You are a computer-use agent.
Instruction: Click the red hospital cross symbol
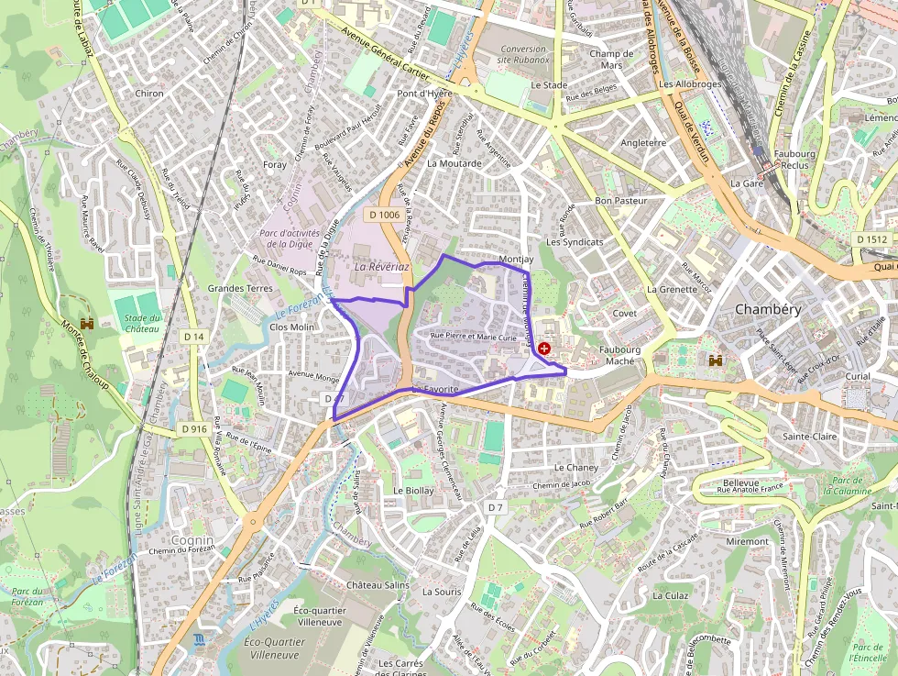coord(546,349)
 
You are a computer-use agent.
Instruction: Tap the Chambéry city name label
coord(768,309)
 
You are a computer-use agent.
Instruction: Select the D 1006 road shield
coord(385,215)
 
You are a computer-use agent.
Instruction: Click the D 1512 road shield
coord(872,239)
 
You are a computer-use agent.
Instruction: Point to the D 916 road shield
coord(193,428)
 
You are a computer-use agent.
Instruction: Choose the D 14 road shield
coord(193,337)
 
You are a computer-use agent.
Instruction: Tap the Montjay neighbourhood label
coord(517,260)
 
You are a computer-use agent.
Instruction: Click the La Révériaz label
coord(381,265)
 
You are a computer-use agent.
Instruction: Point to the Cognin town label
coord(192,539)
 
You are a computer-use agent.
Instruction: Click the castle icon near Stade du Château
coord(89,325)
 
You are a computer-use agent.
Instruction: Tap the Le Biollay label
coord(412,491)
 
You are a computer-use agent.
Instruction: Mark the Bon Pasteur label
coord(621,200)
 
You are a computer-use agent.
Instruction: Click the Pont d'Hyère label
coord(425,94)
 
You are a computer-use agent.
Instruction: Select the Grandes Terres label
coord(240,288)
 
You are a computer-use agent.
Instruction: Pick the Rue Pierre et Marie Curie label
coord(480,337)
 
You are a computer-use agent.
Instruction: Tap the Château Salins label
coord(378,584)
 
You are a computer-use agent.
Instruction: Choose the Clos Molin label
coord(292,327)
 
